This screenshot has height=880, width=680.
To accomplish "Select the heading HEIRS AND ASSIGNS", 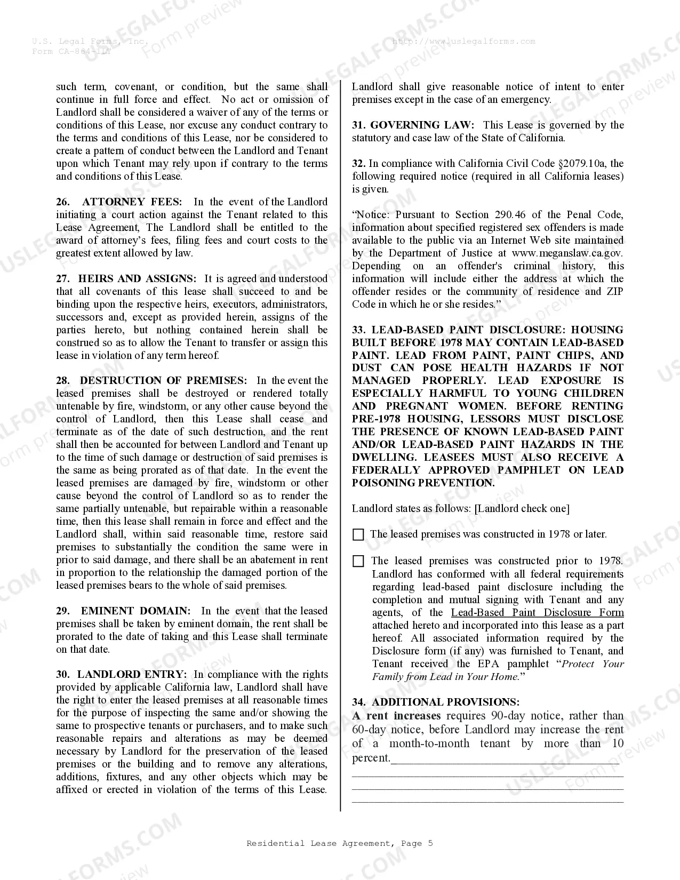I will pos(137,278).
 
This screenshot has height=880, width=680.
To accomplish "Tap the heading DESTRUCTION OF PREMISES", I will pos(163,380).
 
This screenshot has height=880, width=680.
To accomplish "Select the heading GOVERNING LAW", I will pos(421,125).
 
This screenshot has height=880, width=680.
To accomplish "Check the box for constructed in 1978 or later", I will pos(358,534).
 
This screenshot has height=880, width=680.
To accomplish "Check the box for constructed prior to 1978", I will pos(358,561).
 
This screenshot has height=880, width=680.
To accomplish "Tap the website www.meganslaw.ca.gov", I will pos(567,253).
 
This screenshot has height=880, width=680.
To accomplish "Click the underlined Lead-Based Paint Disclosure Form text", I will pos(537,612).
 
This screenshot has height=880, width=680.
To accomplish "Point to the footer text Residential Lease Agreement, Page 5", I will pos(340,843).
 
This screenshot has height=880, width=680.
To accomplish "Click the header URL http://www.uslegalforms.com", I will pos(463,41).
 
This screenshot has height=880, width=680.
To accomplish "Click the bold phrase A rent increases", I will pos(396,716).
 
